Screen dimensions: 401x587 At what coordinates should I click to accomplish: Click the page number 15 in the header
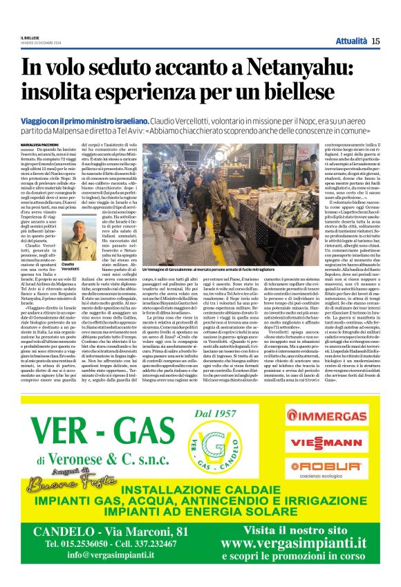click(375, 41)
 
